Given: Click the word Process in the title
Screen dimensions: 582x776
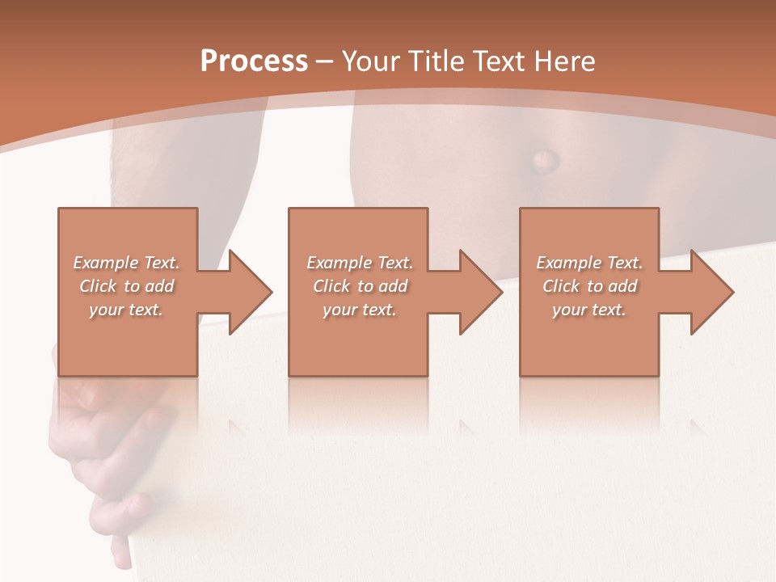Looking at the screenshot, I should pyautogui.click(x=254, y=61).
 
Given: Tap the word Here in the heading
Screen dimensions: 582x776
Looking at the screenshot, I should pyautogui.click(x=563, y=61).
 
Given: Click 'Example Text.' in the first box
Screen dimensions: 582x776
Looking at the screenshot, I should pyautogui.click(x=126, y=263).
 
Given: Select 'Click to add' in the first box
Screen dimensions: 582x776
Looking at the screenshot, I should pyautogui.click(x=126, y=286).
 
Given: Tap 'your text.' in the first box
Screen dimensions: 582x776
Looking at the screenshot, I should pyautogui.click(x=126, y=310).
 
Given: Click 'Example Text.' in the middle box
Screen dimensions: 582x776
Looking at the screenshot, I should pyautogui.click(x=360, y=263).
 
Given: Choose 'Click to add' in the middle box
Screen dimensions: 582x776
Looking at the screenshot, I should pyautogui.click(x=360, y=286).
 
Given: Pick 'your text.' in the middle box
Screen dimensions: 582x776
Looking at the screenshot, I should pyautogui.click(x=360, y=310).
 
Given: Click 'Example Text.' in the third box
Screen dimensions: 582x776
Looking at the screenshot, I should pyautogui.click(x=589, y=263).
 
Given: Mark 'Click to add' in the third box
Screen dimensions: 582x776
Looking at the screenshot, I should pyautogui.click(x=589, y=286).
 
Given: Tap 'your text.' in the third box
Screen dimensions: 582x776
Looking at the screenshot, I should pyautogui.click(x=589, y=310).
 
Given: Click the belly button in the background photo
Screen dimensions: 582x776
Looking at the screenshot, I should pyautogui.click(x=542, y=158).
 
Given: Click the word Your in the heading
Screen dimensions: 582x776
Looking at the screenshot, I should pyautogui.click(x=371, y=61).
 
